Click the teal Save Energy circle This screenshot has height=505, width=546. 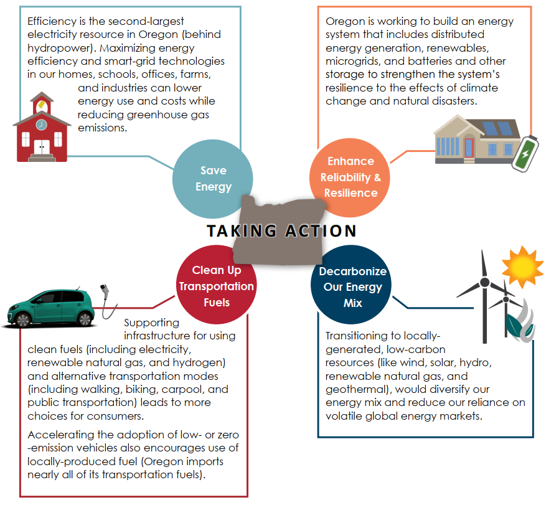(213, 178)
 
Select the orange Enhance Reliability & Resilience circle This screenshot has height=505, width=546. (351, 177)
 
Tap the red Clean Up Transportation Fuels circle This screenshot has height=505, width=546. (216, 286)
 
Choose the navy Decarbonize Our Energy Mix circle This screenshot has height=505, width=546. (352, 287)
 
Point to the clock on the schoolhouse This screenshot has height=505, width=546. (41, 124)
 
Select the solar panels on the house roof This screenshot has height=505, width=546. (495, 130)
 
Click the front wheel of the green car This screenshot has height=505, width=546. (23, 319)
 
